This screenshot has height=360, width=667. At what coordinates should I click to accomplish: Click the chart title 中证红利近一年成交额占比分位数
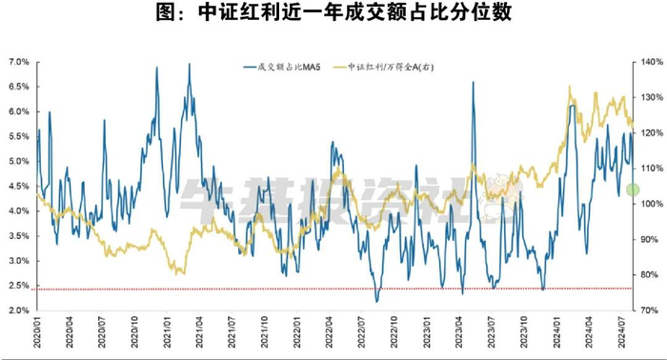click(333, 13)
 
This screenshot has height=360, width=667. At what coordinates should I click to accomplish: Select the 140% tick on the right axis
click(644, 62)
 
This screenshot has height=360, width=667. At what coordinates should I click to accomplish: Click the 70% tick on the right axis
click(642, 310)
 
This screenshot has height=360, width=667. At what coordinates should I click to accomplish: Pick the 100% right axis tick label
click(644, 204)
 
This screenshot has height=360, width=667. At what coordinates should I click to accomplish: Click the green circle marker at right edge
click(632, 190)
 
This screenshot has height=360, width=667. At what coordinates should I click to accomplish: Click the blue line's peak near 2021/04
click(189, 65)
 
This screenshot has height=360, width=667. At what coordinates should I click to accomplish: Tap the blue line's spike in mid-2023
click(473, 83)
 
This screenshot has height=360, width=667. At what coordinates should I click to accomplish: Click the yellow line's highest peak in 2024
click(570, 88)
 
